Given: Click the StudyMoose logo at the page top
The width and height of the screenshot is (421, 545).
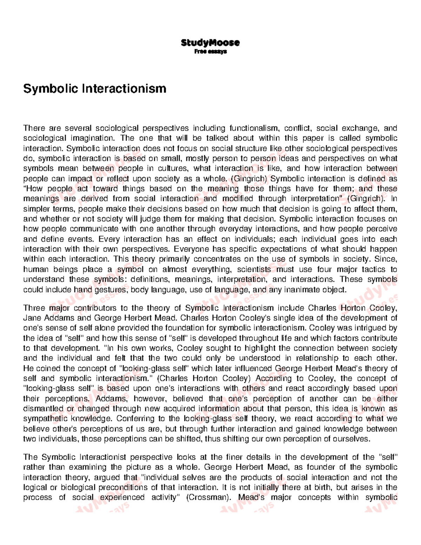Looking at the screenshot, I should [210, 43].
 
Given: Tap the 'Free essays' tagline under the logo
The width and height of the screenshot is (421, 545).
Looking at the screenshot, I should [210, 52].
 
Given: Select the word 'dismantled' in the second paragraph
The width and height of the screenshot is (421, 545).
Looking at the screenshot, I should [43, 409].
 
